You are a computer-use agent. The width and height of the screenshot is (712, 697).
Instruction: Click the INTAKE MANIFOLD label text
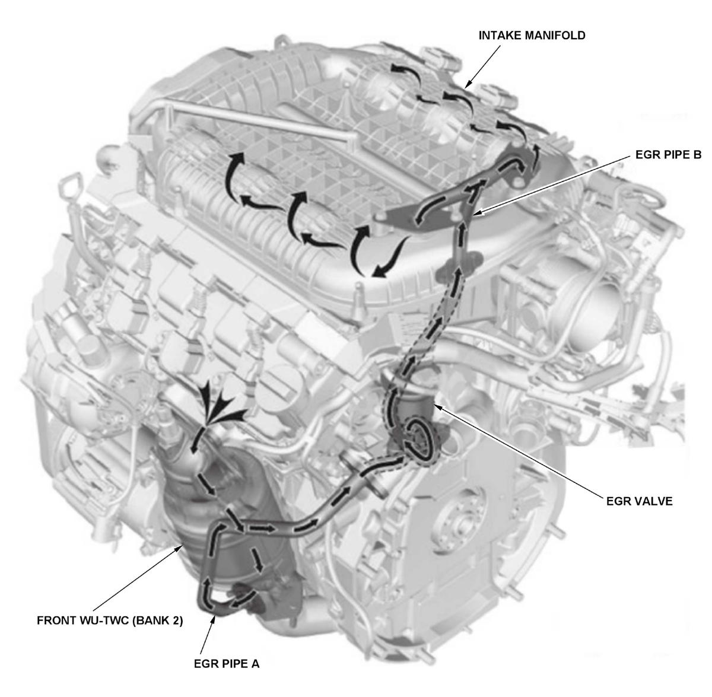coord(532,36)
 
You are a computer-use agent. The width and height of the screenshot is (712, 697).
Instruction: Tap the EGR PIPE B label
coord(665,155)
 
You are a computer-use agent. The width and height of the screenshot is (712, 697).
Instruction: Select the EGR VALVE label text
coord(639,501)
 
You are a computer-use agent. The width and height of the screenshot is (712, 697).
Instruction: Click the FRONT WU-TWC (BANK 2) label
coord(110,621)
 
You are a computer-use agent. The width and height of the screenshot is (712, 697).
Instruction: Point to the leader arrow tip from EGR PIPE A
coord(214,617)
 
